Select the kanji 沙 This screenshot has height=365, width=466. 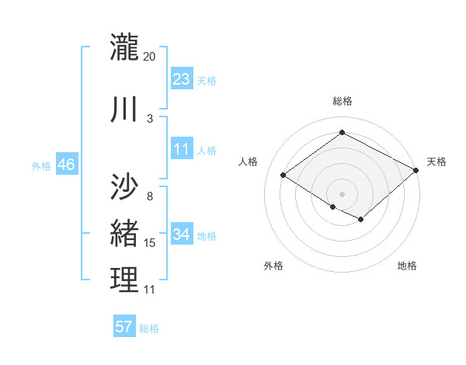point(124,186)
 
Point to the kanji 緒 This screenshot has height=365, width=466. point(124,233)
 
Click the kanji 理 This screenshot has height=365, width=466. point(124,280)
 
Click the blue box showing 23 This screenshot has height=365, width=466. point(182,79)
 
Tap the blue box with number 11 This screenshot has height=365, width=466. point(182,149)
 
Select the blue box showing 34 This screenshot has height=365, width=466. point(182,235)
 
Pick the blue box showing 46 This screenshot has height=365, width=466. point(65,165)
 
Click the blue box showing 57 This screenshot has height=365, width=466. point(124,327)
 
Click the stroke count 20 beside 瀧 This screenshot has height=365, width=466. point(150,57)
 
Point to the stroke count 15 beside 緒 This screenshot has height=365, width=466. point(150,243)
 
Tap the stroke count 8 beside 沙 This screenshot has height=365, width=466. point(150,196)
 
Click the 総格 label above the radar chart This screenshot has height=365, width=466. point(343,101)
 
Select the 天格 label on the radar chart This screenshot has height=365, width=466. point(436,162)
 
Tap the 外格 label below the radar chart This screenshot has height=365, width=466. point(273,266)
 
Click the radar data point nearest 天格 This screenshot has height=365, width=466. point(416,170)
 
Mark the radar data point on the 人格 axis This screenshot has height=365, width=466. point(283,176)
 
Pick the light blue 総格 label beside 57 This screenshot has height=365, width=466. point(149,328)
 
